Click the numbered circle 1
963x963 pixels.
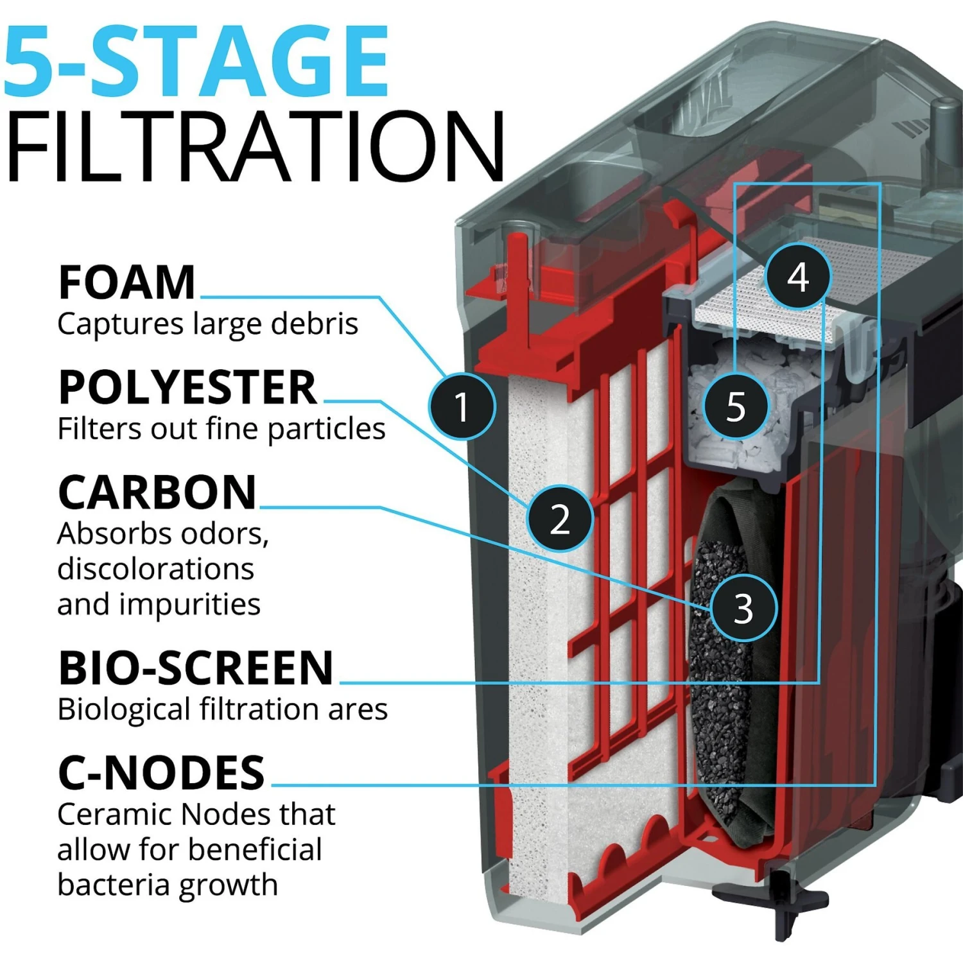[x=462, y=406]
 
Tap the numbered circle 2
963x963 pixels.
[x=560, y=518]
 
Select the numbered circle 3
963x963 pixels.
[x=743, y=607]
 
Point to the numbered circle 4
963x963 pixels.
[x=798, y=277]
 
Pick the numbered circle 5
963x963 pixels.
[x=736, y=406]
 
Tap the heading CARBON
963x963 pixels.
[x=157, y=492]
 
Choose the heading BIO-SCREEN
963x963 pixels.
[x=196, y=668]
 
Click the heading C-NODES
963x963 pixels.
[x=161, y=772]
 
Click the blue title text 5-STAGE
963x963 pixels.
[x=196, y=61]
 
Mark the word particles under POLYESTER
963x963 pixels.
[x=326, y=429]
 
